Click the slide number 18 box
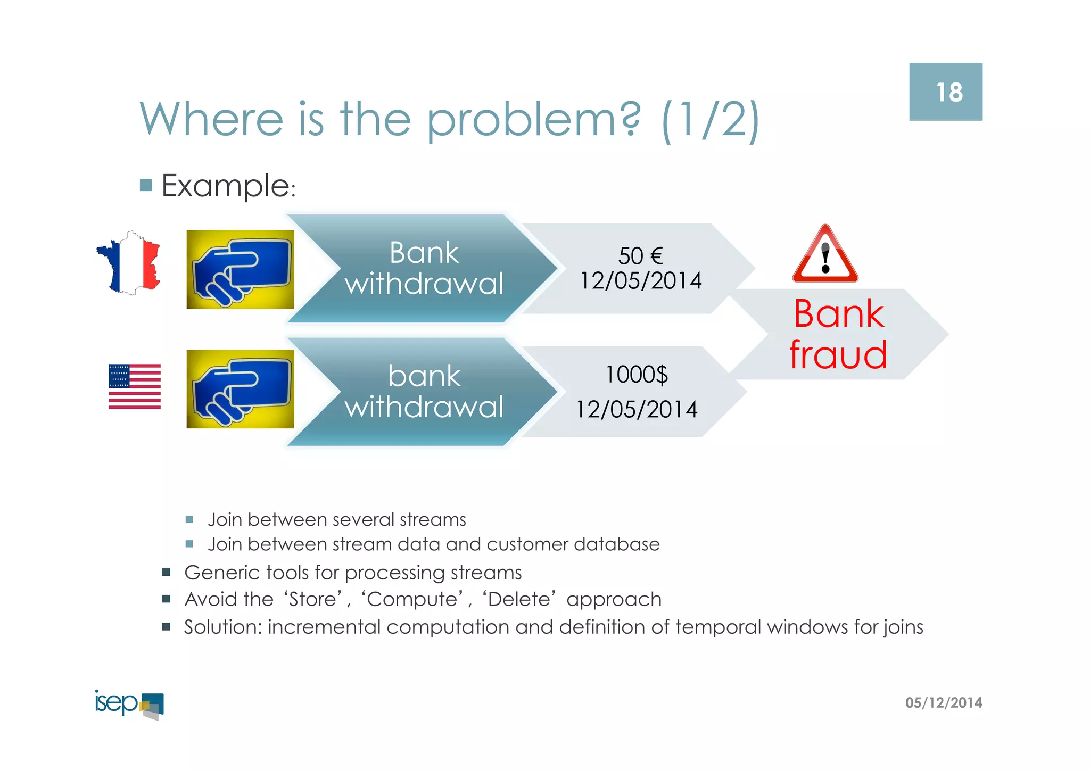click(x=945, y=92)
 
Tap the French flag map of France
click(x=129, y=263)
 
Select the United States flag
click(x=135, y=387)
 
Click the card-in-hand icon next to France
click(x=240, y=269)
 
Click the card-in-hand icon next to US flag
click(x=240, y=389)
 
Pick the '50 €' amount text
click(x=640, y=256)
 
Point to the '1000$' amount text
click(x=637, y=375)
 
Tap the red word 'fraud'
click(x=838, y=355)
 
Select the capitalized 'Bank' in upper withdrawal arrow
click(x=424, y=253)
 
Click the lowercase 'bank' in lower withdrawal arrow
click(x=424, y=376)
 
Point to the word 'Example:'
click(x=228, y=186)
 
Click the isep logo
click(x=129, y=704)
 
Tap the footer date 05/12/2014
click(x=944, y=703)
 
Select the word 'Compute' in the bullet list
click(x=412, y=600)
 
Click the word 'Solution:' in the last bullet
click(x=223, y=627)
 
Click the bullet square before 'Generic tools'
click(x=166, y=573)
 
